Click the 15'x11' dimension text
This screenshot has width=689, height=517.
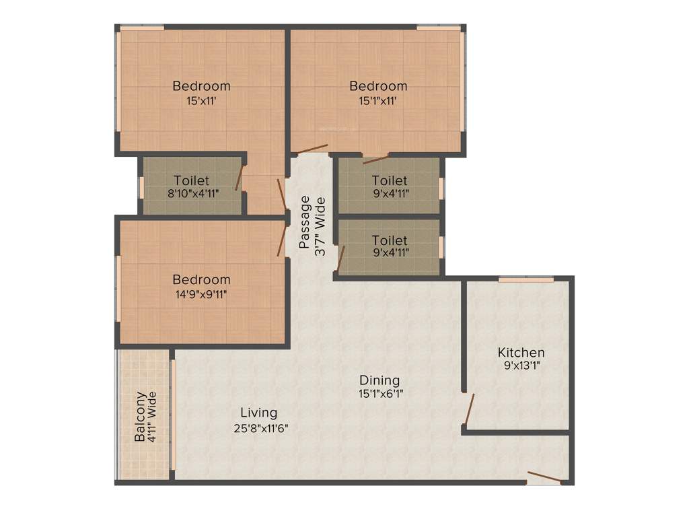[x=201, y=101]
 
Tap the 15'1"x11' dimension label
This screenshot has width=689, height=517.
[x=378, y=101]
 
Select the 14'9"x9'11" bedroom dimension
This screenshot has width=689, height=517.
[x=201, y=294]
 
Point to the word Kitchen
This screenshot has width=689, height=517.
[x=521, y=352]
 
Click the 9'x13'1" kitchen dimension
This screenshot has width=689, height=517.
[x=521, y=367]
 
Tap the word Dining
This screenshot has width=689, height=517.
[x=379, y=380]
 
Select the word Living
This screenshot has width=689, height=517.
[x=259, y=413]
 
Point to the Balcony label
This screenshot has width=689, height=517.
[x=140, y=417]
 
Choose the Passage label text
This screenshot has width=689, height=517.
[x=305, y=221]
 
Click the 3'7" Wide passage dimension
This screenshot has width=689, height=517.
[x=321, y=226]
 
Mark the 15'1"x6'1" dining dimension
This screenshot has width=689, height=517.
[x=381, y=394]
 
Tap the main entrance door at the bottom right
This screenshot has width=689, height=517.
[x=544, y=478]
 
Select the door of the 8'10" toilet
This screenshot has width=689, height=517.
[x=239, y=178]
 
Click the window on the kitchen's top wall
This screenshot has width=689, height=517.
[x=525, y=279]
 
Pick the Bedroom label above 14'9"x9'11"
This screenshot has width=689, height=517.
[x=201, y=279]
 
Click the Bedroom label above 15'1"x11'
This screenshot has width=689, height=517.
[x=378, y=86]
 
